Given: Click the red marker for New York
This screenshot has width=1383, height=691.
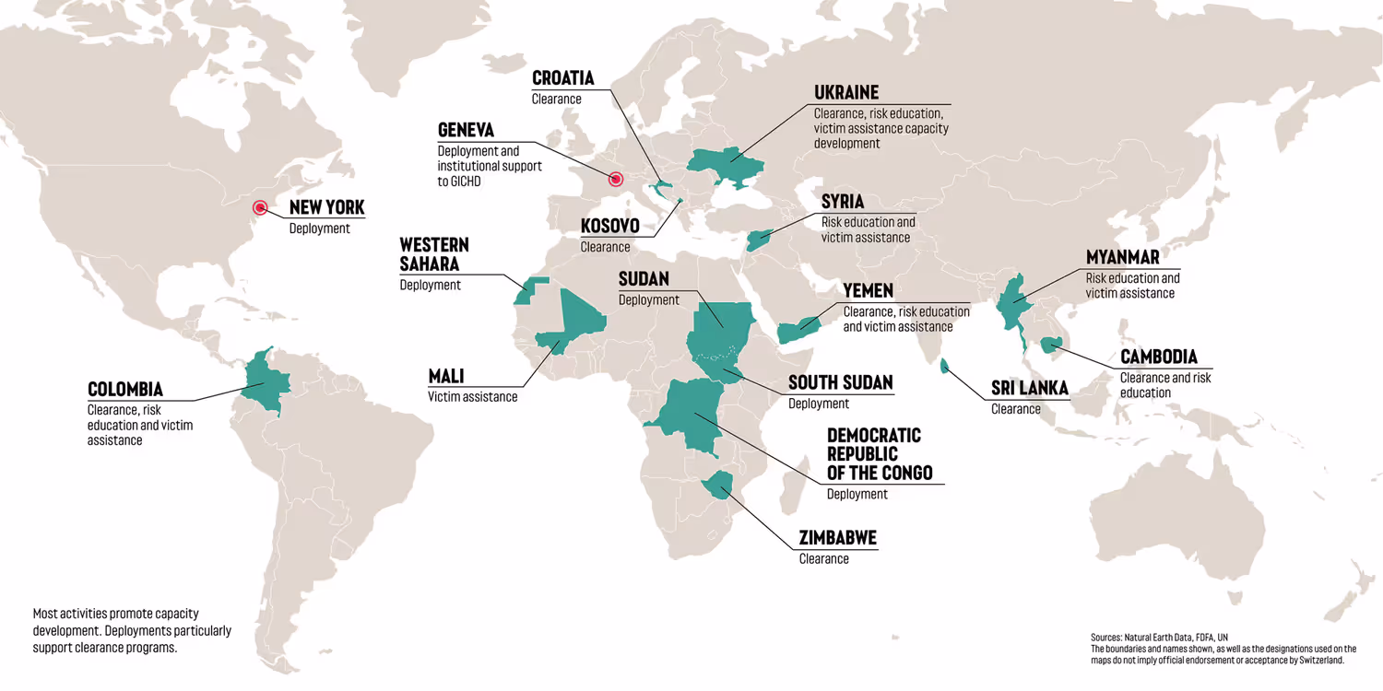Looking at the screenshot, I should [260, 208].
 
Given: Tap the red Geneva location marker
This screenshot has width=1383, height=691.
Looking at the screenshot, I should [616, 179].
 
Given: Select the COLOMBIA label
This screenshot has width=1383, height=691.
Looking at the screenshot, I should [125, 389].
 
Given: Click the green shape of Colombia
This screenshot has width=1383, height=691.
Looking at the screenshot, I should [265, 382].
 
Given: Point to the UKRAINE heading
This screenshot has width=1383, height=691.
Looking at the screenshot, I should [846, 92].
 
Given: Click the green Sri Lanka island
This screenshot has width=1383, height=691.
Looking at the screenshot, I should [944, 367].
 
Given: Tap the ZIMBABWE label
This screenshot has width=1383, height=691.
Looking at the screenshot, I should [837, 538].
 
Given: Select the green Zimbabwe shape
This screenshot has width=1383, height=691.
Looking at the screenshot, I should [715, 483].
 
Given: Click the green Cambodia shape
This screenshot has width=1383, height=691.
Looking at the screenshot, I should [1050, 345].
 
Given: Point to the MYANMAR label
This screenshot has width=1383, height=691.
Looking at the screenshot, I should [1122, 257].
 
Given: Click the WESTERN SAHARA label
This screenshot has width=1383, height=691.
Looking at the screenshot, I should [433, 254].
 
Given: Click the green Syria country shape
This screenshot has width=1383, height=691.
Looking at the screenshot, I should [759, 239].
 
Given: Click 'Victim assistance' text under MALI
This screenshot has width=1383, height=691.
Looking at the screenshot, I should [472, 397].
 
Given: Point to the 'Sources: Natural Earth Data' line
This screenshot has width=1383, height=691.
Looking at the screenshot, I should [1159, 637].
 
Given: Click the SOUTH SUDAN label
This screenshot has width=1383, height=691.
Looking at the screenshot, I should [840, 382].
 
